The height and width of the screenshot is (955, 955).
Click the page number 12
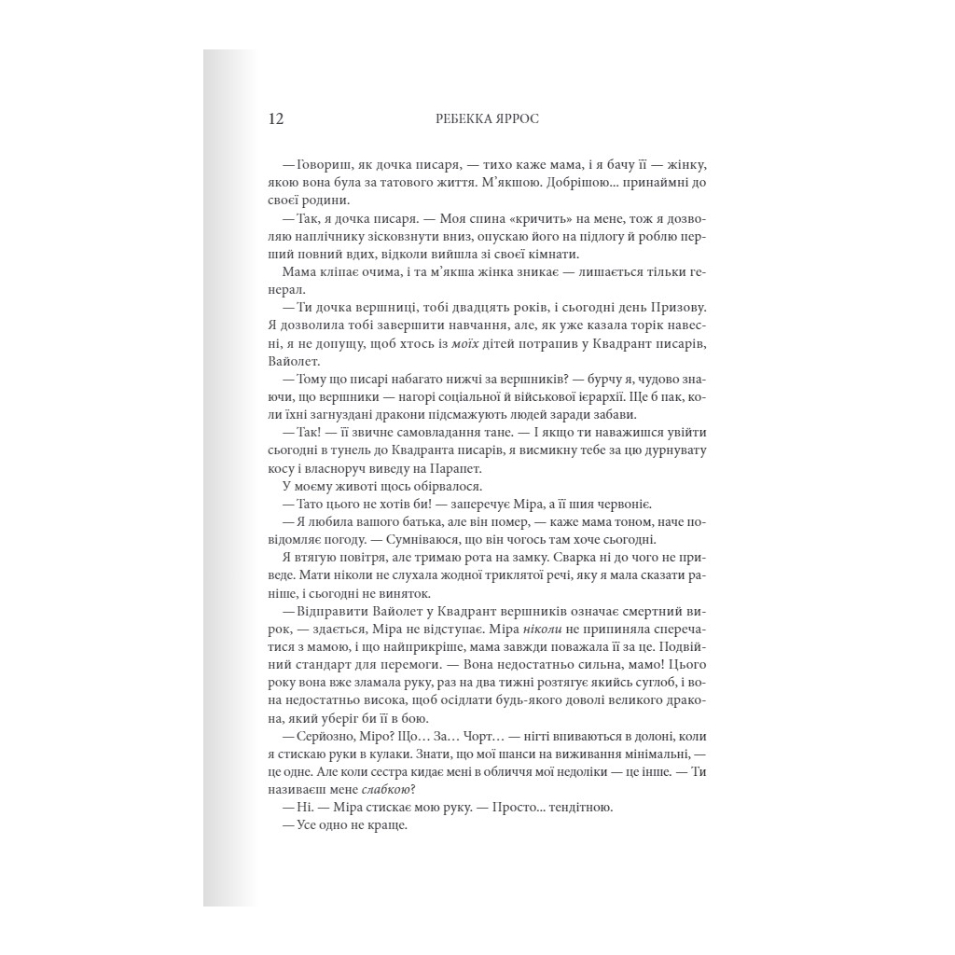pyautogui.click(x=275, y=119)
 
